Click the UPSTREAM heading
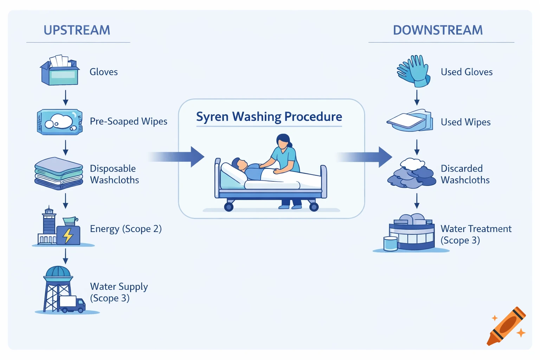tap(77, 30)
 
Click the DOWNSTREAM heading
tap(438, 30)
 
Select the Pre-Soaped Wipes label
tap(128, 121)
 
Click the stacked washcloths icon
tap(59, 174)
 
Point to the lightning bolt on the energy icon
tap(68, 236)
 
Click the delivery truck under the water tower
tap(72, 304)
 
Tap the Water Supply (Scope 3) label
tap(119, 292)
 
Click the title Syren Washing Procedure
tap(269, 117)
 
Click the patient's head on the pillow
tap(239, 163)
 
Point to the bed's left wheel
tap(229, 207)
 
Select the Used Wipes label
tap(465, 122)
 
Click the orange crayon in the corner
tap(506, 326)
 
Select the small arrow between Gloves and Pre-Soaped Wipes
tap(65, 97)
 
